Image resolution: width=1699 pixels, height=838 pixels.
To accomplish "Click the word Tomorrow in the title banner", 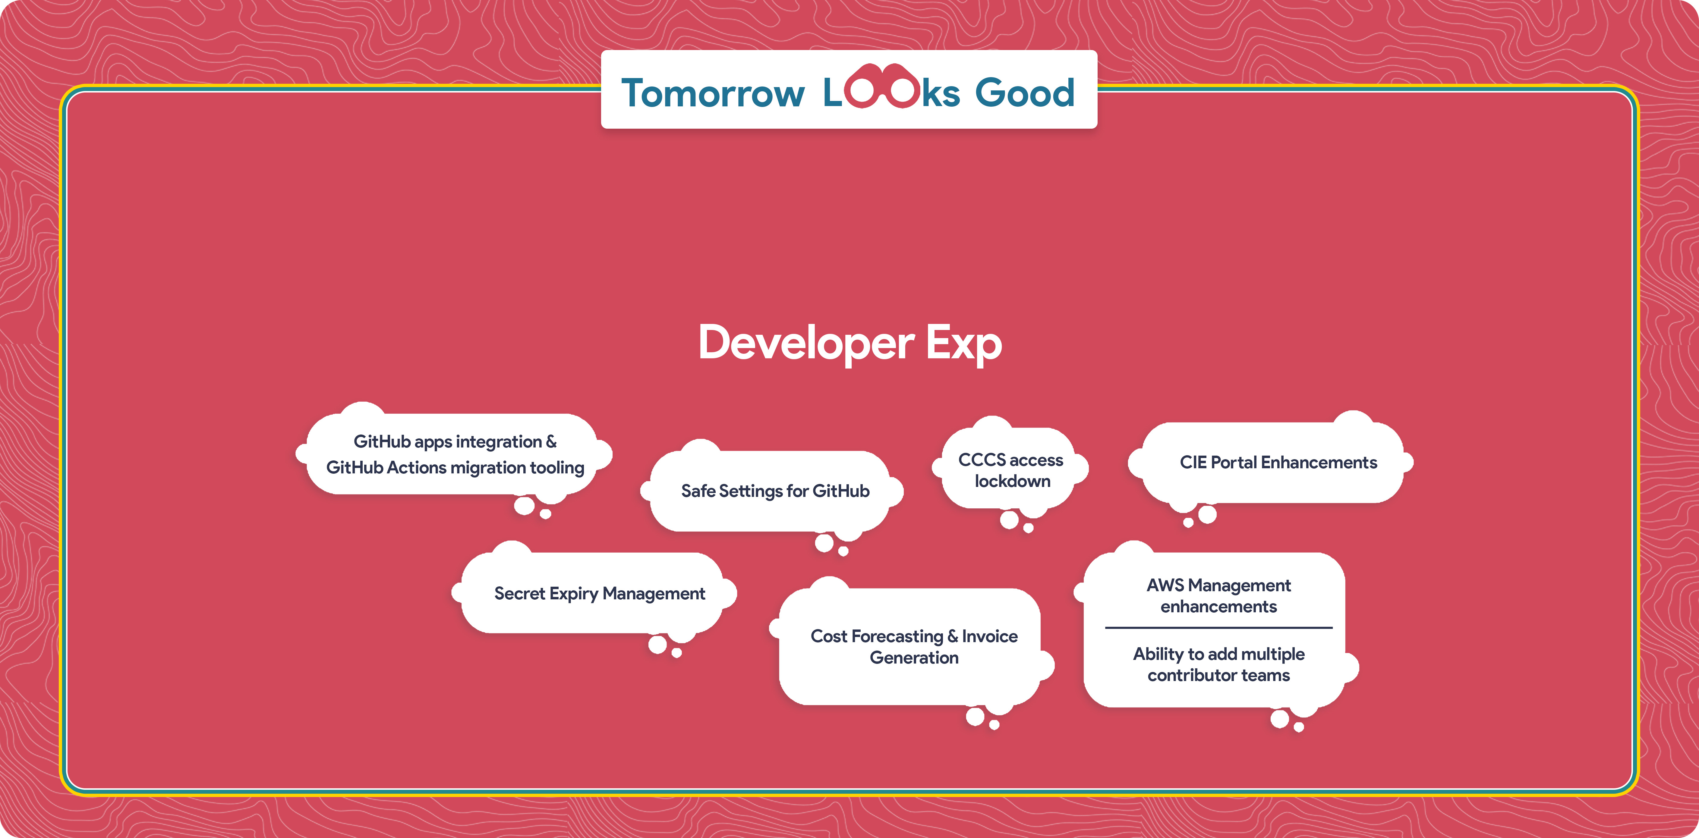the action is pyautogui.click(x=713, y=93).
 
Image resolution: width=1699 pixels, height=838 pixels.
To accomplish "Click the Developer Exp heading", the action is pyautogui.click(x=849, y=343).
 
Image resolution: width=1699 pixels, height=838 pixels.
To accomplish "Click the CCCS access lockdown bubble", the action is pyautogui.click(x=1010, y=470).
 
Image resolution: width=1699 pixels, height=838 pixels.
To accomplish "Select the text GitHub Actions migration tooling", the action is pyautogui.click(x=455, y=467).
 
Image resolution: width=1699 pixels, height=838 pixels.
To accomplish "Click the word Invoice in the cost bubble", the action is pyautogui.click(x=989, y=636).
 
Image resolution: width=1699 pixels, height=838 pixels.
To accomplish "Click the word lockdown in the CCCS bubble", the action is pyautogui.click(x=1012, y=481).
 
